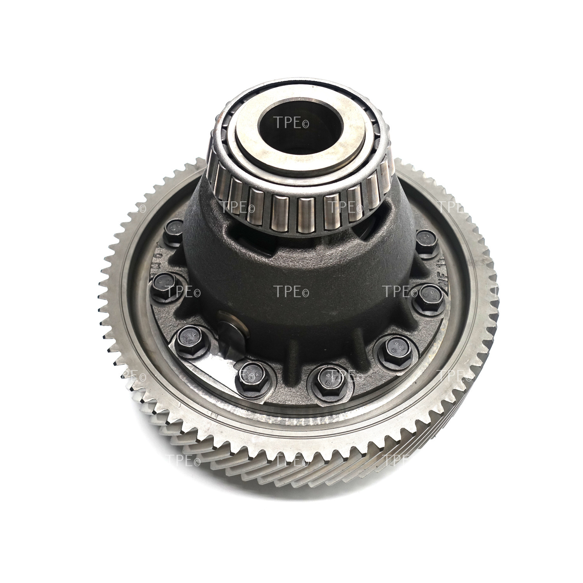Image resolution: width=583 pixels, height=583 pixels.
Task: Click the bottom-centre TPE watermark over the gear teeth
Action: [x=291, y=461]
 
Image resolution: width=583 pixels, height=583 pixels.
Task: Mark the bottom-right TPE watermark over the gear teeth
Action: [x=400, y=461]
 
